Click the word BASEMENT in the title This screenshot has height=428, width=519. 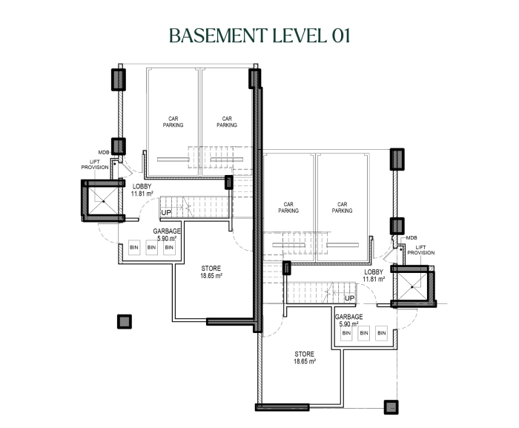point(218,36)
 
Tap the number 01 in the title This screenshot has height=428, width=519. point(340,36)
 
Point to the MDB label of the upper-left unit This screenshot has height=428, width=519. point(104,152)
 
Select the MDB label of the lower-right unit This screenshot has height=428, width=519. point(411,238)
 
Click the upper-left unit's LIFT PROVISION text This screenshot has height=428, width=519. point(95,165)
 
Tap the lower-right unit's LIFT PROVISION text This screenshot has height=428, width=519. point(420,250)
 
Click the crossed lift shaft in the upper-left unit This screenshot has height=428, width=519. point(103,201)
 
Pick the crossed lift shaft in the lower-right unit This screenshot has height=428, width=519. point(412,286)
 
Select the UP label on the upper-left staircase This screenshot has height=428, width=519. point(166,212)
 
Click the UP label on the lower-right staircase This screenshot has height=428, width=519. point(349,298)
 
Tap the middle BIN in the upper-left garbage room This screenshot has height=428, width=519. point(151,248)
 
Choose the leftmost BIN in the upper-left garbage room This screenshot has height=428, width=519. point(134,248)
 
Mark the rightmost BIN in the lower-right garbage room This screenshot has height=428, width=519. point(382,333)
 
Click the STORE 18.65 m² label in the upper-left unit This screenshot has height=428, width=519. point(211,272)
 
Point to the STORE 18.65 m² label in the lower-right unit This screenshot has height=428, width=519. point(305,358)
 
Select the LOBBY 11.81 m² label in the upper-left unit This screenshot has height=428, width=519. point(142,190)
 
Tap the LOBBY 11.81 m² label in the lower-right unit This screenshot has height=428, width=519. point(374,275)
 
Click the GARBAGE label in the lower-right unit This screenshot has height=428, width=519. point(349,317)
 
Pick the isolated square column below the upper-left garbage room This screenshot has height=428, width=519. point(125,321)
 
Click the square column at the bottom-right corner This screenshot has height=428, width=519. point(391,407)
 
